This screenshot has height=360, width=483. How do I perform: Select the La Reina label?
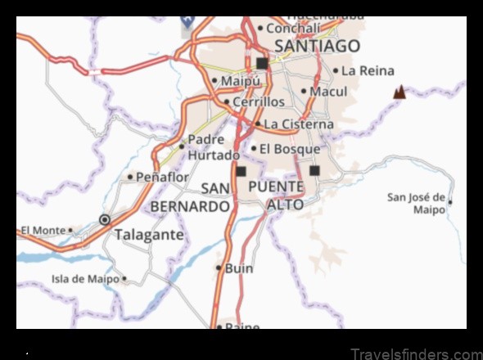pyautogui.click(x=368, y=71)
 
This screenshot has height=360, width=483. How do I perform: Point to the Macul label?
pyautogui.click(x=328, y=92)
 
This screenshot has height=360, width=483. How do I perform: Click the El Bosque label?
pyautogui.click(x=289, y=149)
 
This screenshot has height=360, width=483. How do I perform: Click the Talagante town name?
pyautogui.click(x=149, y=234)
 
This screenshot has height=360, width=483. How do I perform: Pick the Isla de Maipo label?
pyautogui.click(x=86, y=279)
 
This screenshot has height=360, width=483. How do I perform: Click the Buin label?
pyautogui.click(x=239, y=268)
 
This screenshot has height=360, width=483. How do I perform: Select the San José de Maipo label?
pyautogui.click(x=417, y=203)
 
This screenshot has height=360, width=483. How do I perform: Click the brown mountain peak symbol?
pyautogui.click(x=399, y=92)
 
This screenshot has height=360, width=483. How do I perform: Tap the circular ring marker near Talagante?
pyautogui.click(x=105, y=219)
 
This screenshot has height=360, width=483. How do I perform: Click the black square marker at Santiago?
pyautogui.click(x=262, y=63)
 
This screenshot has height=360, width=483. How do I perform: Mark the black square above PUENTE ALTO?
pyautogui.click(x=315, y=171)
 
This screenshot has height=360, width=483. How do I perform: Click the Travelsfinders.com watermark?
pyautogui.click(x=415, y=353)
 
